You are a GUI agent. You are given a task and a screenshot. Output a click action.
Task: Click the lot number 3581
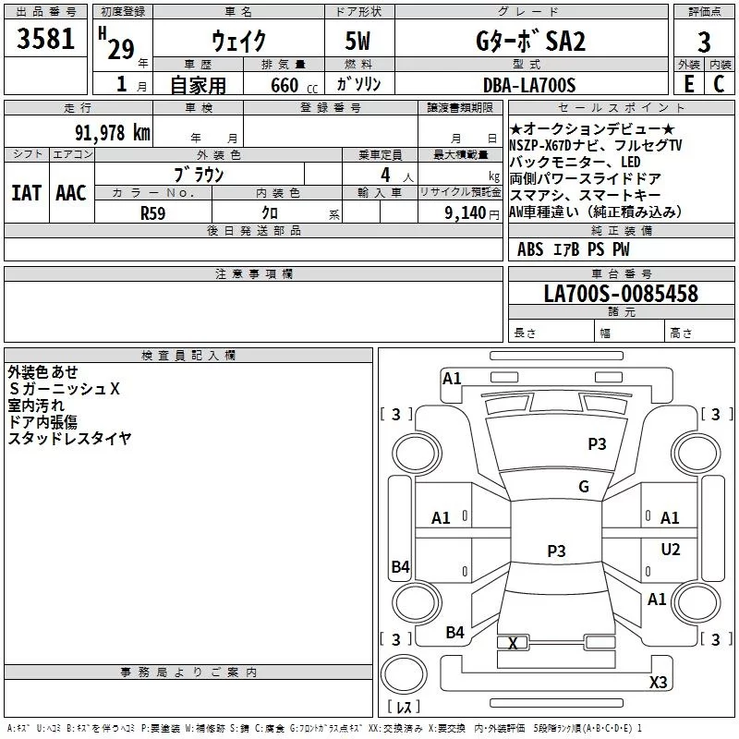pyautogui.click(x=46, y=42)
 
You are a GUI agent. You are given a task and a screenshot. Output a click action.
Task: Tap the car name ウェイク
pyautogui.click(x=239, y=42)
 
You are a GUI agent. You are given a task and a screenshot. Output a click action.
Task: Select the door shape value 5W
pyautogui.click(x=359, y=42)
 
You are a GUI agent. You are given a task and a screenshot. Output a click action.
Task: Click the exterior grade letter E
pyautogui.click(x=689, y=84)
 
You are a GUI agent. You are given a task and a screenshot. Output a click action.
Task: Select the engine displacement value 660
pyautogui.click(x=285, y=85)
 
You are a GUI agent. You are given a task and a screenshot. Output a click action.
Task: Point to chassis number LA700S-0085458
pyautogui.click(x=621, y=295)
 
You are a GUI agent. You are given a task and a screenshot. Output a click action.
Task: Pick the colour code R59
pyautogui.click(x=152, y=212)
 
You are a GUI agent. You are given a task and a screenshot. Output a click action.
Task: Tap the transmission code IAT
pyautogui.click(x=26, y=193)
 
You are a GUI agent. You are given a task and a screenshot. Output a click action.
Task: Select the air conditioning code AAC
pyautogui.click(x=70, y=193)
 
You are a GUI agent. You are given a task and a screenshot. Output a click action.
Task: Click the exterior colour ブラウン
pyautogui.click(x=199, y=174)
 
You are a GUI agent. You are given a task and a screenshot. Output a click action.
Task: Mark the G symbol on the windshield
pyautogui.click(x=584, y=487)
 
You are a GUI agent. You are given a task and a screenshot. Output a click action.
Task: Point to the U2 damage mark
pyautogui.click(x=671, y=550)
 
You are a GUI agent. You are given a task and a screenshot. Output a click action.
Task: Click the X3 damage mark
pyautogui.click(x=659, y=683)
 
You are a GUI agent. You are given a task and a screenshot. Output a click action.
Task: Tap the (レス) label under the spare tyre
pyautogui.click(x=403, y=707)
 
